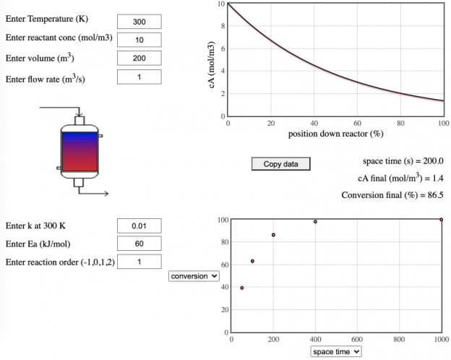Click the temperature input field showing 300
click(x=139, y=22)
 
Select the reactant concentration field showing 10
click(x=139, y=40)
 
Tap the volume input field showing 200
click(x=139, y=59)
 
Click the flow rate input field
click(x=139, y=77)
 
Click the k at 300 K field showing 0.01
click(x=139, y=226)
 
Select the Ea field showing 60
click(x=139, y=244)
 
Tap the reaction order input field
click(x=139, y=261)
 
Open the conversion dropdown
click(x=193, y=275)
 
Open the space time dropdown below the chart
click(x=335, y=351)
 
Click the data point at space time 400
click(x=315, y=221)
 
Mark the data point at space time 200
click(x=273, y=235)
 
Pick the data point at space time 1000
click(x=441, y=220)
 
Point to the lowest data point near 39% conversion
click(x=241, y=288)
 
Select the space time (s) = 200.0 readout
click(x=403, y=161)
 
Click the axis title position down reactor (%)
click(x=335, y=134)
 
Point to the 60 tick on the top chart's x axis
click(x=357, y=123)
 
